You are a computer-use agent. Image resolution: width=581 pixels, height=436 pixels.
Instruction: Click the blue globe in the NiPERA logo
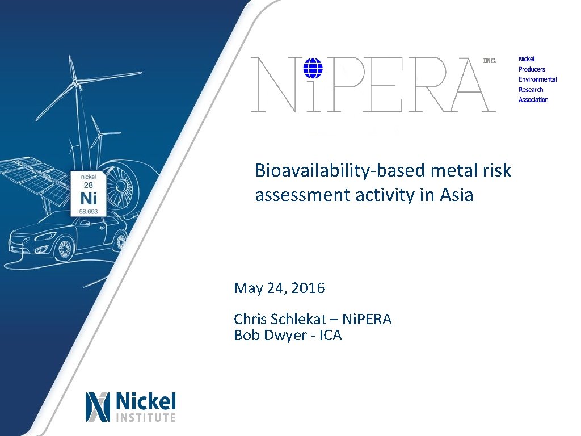click(x=313, y=69)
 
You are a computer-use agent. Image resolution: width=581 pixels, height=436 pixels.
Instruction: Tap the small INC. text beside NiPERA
click(x=489, y=60)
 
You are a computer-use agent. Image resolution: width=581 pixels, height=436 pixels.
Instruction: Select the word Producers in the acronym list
click(x=532, y=69)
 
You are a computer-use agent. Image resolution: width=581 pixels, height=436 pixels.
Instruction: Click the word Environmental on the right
click(x=537, y=79)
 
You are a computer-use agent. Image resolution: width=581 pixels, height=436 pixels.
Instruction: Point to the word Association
click(x=533, y=100)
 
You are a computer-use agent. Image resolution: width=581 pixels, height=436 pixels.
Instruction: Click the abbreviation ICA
click(x=330, y=335)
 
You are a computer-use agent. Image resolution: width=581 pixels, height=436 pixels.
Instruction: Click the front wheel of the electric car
click(x=64, y=248)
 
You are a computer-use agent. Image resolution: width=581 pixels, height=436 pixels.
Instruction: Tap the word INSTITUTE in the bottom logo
click(x=146, y=418)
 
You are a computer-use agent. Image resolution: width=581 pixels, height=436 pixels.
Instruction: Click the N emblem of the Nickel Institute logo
click(x=97, y=406)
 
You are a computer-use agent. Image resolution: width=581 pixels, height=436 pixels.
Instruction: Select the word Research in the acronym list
click(x=531, y=90)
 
